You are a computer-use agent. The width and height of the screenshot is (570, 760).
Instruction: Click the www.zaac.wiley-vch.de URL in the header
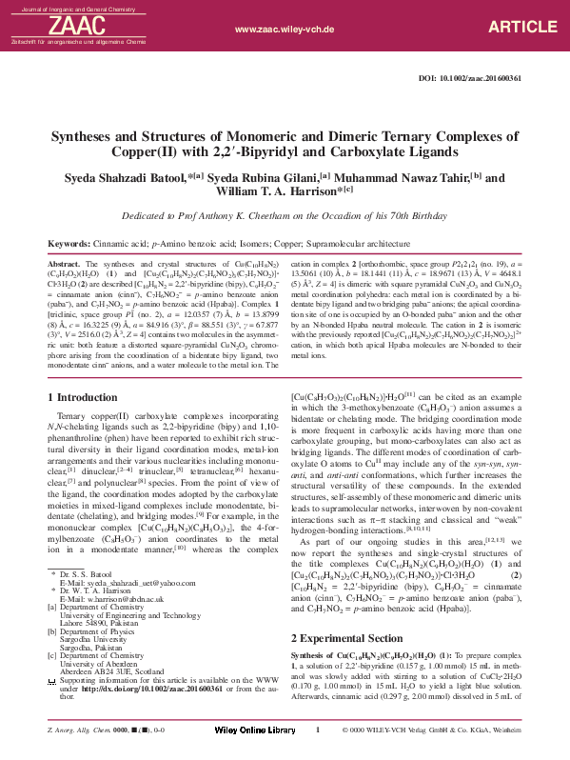click(x=285, y=30)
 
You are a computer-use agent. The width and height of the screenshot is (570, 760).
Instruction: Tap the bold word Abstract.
click(x=63, y=263)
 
